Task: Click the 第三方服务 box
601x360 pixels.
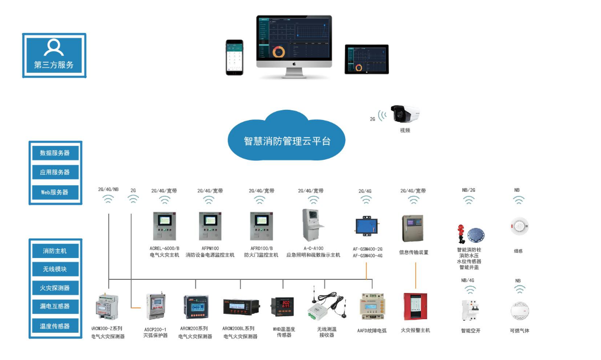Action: tap(54, 55)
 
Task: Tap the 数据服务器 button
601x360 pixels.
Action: tap(55, 153)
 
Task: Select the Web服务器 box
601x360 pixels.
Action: tap(55, 192)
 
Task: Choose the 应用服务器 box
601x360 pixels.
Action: tap(55, 172)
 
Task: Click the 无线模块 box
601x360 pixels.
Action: tap(55, 269)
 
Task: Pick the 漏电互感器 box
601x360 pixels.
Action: tap(55, 306)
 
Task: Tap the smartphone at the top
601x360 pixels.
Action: tap(234, 57)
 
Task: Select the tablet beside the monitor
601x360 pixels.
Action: tap(367, 59)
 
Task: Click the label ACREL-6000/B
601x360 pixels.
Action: tap(165, 248)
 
